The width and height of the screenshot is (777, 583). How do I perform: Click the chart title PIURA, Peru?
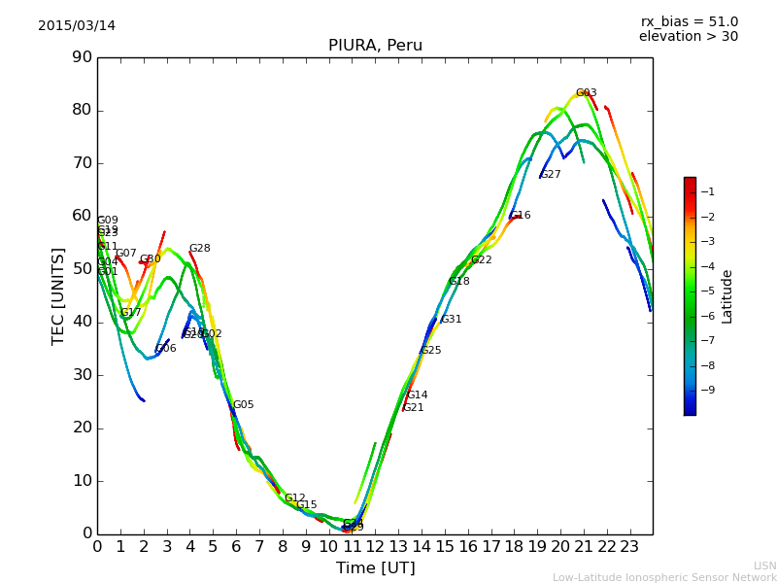click(375, 46)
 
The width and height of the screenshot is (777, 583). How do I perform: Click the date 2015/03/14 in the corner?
click(77, 25)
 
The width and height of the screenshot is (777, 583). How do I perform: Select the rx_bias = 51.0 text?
click(690, 21)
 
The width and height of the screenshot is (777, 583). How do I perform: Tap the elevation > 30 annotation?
click(689, 37)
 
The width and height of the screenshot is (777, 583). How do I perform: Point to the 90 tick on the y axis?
click(82, 57)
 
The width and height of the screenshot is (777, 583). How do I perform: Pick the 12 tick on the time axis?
click(375, 547)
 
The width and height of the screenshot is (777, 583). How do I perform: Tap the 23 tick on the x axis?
click(629, 547)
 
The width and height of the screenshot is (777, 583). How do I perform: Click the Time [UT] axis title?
click(375, 567)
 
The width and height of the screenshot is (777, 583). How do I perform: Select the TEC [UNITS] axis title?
click(58, 295)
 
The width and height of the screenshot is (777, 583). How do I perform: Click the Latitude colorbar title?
click(726, 295)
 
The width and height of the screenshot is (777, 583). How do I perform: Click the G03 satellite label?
click(586, 93)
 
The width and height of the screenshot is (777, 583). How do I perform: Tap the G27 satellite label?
click(551, 175)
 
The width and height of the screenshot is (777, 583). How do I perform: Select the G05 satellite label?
click(243, 405)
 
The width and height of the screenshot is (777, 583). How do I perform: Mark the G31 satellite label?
click(451, 320)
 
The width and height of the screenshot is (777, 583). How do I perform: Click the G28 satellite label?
click(199, 249)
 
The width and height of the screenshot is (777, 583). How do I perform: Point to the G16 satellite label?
click(521, 216)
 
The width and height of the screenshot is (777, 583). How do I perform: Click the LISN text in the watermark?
click(765, 566)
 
